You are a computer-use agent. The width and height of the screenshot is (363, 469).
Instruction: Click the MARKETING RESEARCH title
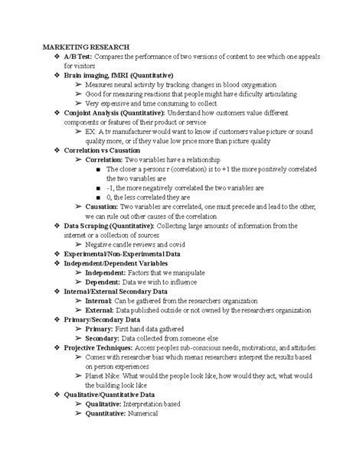coord(87,46)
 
